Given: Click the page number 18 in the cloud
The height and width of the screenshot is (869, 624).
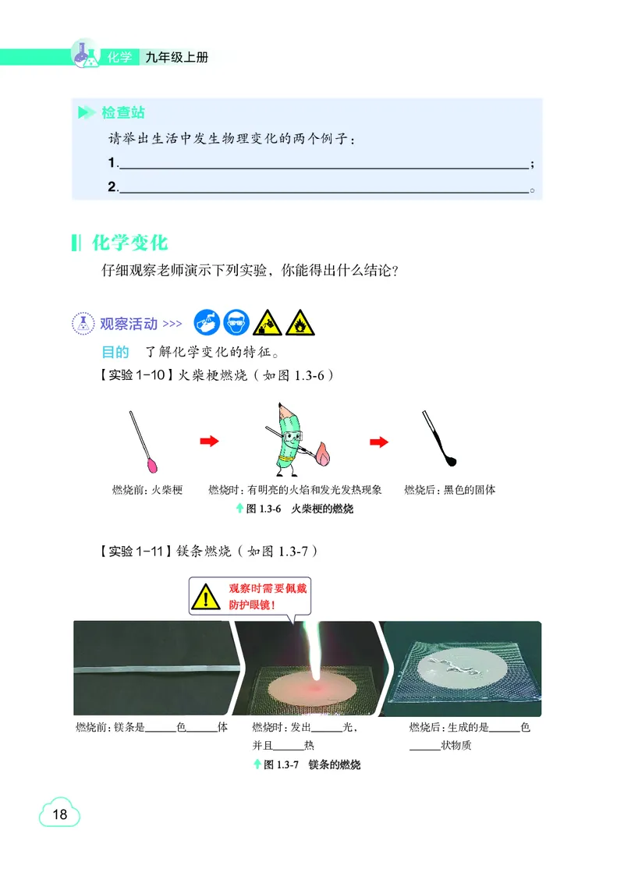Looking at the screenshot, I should (x=60, y=815).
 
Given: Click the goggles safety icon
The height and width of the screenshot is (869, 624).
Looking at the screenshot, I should (x=236, y=321).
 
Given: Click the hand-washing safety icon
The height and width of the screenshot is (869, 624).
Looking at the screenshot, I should (x=207, y=321).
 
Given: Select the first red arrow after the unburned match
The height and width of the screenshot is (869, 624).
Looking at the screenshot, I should (x=209, y=442).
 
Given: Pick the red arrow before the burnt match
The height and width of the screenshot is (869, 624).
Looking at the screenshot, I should (x=379, y=442).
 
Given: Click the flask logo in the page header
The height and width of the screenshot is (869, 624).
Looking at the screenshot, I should (x=85, y=55).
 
